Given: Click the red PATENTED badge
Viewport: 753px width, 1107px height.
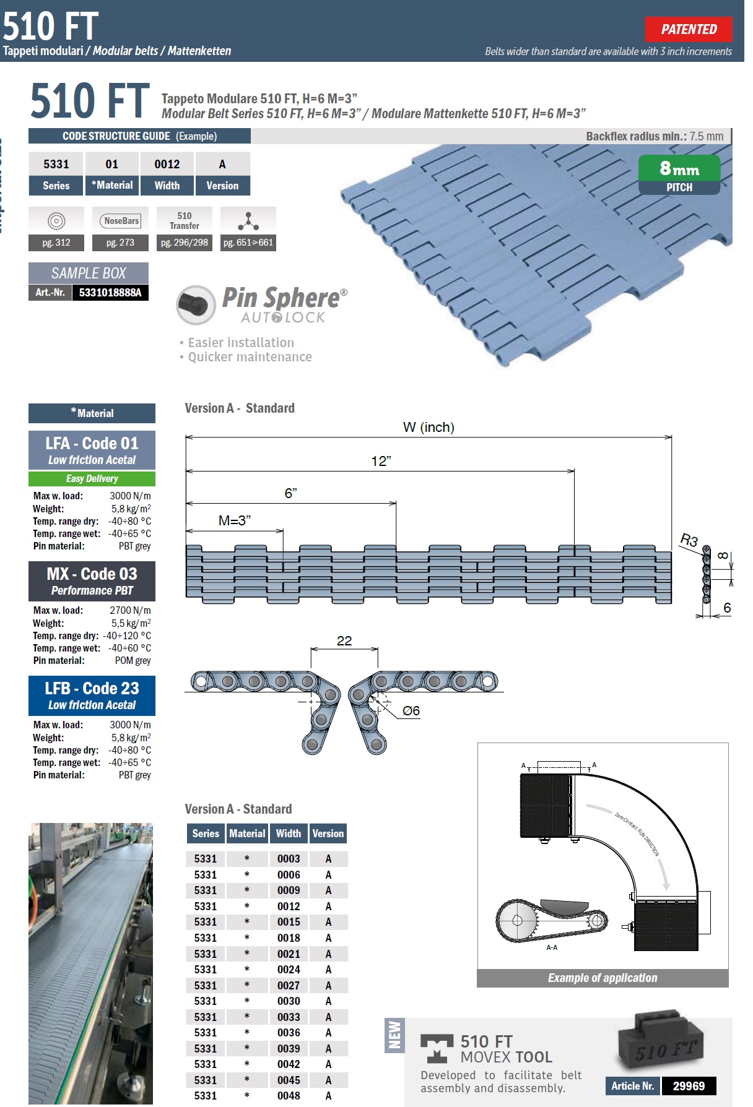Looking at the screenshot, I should (x=688, y=29).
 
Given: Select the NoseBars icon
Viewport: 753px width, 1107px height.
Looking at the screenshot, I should (x=121, y=221).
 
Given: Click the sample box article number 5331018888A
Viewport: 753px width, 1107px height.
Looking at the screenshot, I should (x=110, y=293).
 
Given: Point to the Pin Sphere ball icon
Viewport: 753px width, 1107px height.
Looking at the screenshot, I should (x=196, y=304).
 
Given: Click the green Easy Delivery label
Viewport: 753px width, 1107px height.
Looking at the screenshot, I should (x=92, y=478).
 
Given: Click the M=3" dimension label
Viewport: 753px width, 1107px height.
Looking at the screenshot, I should (x=234, y=521).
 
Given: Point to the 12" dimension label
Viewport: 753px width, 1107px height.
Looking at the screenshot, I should (x=381, y=461).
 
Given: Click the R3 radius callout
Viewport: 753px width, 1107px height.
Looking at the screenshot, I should (x=689, y=540).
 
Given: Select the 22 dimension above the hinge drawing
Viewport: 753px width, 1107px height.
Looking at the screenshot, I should (x=344, y=641).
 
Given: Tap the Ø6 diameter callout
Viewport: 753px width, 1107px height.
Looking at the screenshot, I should (x=411, y=711).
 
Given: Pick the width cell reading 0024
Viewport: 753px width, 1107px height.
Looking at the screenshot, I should (x=289, y=970).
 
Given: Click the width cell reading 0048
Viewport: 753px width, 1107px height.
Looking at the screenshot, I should (x=289, y=1096).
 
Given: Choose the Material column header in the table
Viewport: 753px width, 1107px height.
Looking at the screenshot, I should (x=247, y=833).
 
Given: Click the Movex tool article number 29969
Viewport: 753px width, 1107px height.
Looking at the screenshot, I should (x=689, y=1086).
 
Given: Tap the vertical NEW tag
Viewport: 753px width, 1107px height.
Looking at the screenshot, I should (x=394, y=1035).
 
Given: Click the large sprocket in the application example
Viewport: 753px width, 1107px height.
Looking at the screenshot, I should (x=518, y=920).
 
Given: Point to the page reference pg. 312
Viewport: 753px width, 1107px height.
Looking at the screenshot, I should (x=56, y=243).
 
